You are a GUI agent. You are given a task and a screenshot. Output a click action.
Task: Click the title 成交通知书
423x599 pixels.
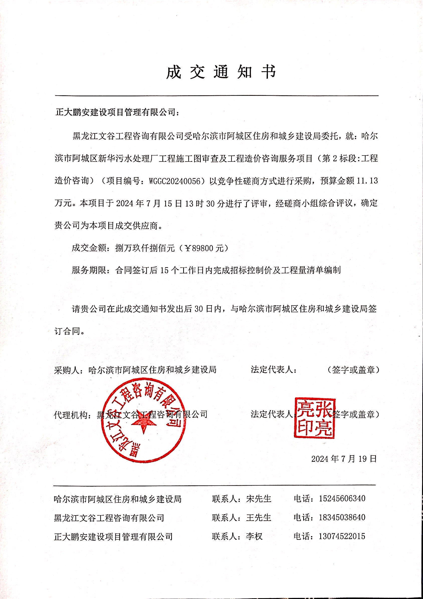click(x=221, y=72)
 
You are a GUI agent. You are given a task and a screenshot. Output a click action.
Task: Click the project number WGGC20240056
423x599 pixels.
click(x=175, y=181)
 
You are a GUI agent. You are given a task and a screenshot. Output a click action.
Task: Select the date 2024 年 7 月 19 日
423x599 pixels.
click(x=344, y=466)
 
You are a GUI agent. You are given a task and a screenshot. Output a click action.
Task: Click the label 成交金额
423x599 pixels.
click(x=89, y=248)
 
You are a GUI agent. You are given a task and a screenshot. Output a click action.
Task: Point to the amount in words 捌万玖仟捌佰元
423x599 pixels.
click(x=145, y=248)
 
